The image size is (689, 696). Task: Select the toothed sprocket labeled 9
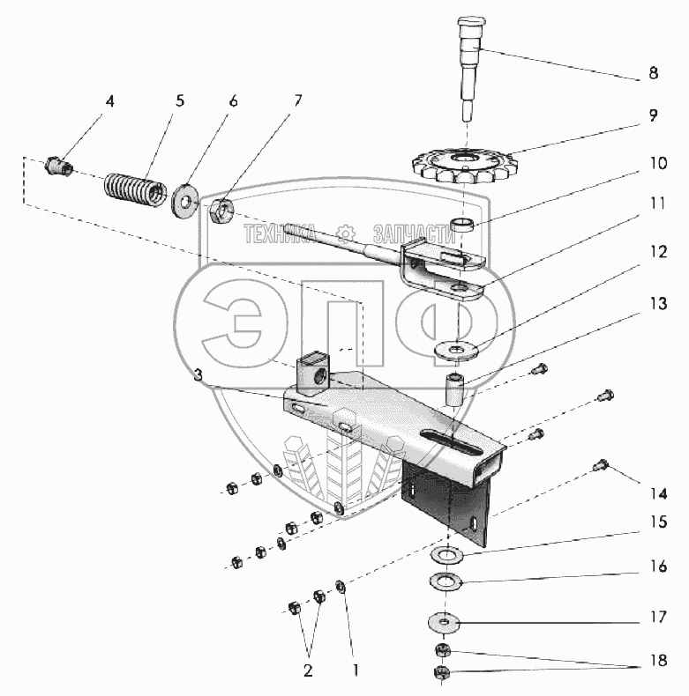462,163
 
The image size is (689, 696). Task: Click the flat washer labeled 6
186,198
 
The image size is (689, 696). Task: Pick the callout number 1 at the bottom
355,670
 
